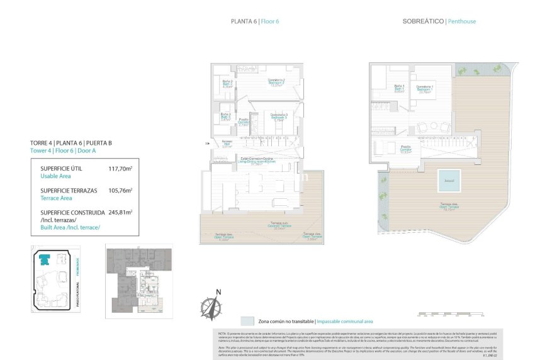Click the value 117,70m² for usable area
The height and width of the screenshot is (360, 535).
click(x=125, y=169)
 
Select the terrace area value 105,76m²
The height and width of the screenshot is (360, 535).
click(x=125, y=190)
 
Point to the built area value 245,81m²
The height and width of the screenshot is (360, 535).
click(x=125, y=212)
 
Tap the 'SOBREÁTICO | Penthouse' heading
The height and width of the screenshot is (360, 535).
click(x=439, y=21)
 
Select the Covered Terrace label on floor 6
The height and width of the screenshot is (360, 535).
click(x=277, y=227)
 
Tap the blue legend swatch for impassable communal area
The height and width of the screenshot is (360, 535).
click(x=247, y=320)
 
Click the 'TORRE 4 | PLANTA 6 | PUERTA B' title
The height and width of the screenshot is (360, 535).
click(x=71, y=143)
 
